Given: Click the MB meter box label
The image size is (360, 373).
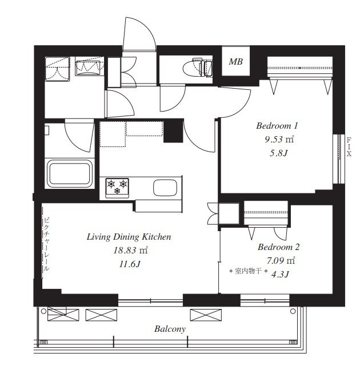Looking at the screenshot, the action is [x=235, y=62].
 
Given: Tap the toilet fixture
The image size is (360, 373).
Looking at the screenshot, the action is [x=197, y=68].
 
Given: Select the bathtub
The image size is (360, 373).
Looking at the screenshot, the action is [x=70, y=173].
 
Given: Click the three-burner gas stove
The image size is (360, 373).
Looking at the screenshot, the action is [x=117, y=188].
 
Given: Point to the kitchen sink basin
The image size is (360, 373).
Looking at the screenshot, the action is [x=165, y=188].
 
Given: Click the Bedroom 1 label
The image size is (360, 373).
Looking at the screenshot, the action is [x=277, y=126].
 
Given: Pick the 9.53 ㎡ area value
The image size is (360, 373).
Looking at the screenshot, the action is [x=279, y=139].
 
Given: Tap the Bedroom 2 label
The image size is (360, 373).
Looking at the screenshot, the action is [x=278, y=247].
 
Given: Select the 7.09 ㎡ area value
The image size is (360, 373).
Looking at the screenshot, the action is [x=281, y=261].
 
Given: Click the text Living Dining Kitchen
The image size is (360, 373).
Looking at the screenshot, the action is [x=129, y=237].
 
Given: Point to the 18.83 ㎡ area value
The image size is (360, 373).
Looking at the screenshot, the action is [x=130, y=250].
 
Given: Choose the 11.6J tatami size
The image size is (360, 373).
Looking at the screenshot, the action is [x=130, y=264].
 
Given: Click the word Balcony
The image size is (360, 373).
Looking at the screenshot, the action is [x=170, y=329].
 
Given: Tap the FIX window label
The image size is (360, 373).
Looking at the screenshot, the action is [x=349, y=147].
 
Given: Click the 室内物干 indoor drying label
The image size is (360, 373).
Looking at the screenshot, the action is [x=249, y=271].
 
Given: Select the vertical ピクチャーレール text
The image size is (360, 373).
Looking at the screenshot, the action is [x=47, y=244].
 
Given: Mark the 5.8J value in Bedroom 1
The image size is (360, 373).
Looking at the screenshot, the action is [x=279, y=153].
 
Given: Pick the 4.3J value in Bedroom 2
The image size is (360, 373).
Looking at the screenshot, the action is [x=280, y=275].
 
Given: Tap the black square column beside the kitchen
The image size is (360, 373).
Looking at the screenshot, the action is [x=173, y=131].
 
